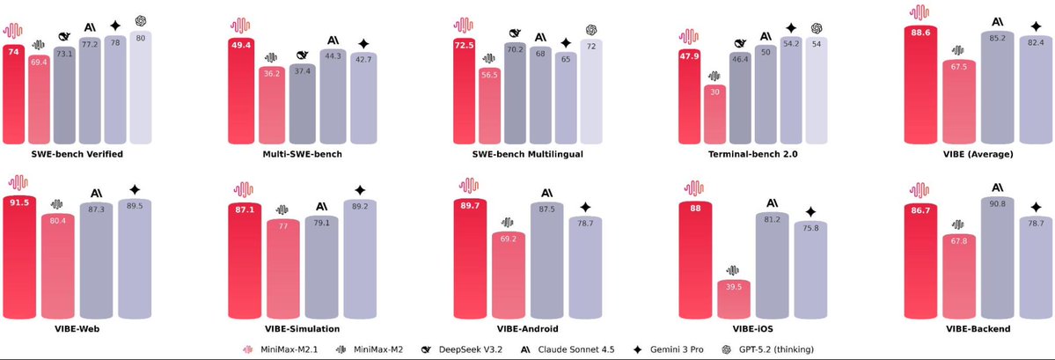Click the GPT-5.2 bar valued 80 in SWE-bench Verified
coord(141,88)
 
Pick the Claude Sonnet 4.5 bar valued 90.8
coord(998,260)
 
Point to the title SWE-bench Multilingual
coord(520,154)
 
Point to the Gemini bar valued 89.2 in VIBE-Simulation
coord(360,260)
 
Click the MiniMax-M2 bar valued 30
coord(715,114)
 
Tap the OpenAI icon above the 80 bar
coord(141,20)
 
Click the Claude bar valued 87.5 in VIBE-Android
coord(546,260)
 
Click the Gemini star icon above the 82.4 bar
coord(1035,26)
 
